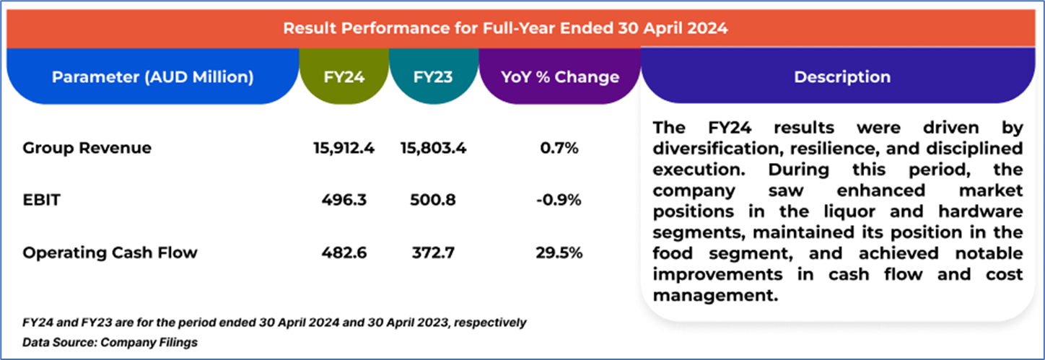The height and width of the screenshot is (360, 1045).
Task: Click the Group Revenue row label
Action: click(x=87, y=149)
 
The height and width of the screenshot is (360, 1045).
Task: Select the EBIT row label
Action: click(x=41, y=201)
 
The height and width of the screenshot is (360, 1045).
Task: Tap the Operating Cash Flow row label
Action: click(x=110, y=253)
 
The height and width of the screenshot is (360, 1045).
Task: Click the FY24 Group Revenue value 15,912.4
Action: click(x=344, y=149)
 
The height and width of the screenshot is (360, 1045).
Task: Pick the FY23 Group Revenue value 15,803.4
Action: click(x=433, y=149)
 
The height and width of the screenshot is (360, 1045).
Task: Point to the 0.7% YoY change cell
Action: click(x=559, y=149)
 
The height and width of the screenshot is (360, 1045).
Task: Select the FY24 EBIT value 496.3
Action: click(x=344, y=201)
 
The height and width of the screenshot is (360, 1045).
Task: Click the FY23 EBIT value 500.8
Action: click(x=433, y=201)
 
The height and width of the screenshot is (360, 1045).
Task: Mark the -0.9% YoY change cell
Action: click(x=559, y=201)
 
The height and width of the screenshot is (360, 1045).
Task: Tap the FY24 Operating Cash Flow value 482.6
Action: click(x=344, y=253)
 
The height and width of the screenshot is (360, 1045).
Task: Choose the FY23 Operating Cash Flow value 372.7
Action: click(x=433, y=253)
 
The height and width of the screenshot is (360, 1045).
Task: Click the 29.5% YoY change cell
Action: click(x=559, y=253)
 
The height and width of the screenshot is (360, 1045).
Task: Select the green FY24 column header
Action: click(x=344, y=77)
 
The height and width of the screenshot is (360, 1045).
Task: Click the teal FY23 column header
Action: click(x=433, y=77)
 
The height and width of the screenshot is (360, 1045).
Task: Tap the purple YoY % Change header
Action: click(x=559, y=77)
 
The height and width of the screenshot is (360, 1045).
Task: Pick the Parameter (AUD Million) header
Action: click(x=152, y=77)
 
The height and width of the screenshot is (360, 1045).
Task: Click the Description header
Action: click(x=841, y=77)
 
